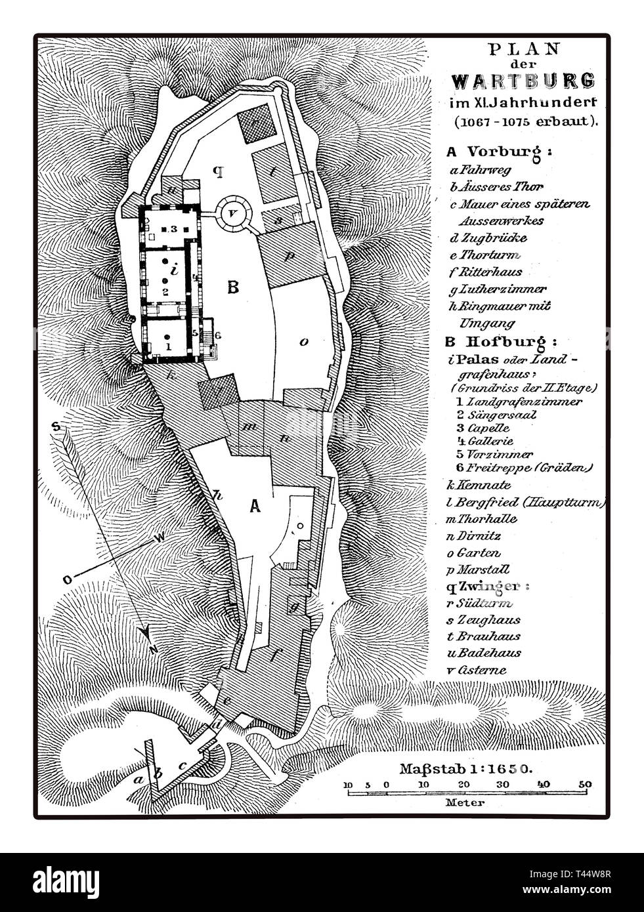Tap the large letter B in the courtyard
pos(231,287)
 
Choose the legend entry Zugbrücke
pos(497,238)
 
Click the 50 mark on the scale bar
pos(584,785)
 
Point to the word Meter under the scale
pos(466,802)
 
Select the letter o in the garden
pos(303,341)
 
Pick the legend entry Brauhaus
pos(494,636)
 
